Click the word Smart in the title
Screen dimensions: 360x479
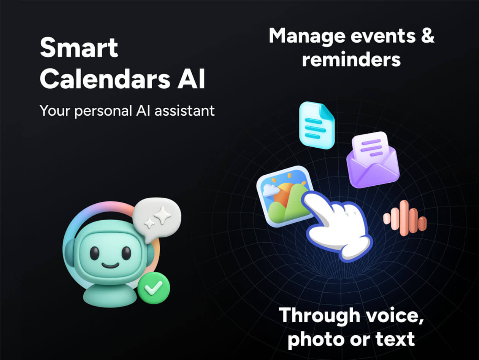tap(79, 48)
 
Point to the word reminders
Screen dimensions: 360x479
tap(351, 60)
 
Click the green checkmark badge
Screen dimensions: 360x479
tap(154, 287)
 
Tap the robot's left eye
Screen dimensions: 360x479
tap(95, 253)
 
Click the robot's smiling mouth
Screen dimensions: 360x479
tap(110, 264)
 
